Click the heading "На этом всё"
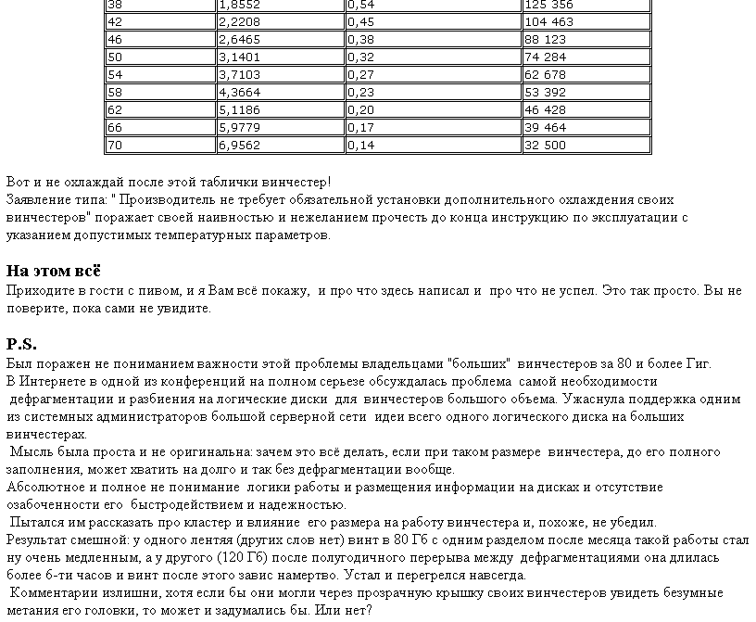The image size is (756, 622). tap(54, 271)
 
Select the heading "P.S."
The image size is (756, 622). tap(21, 344)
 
